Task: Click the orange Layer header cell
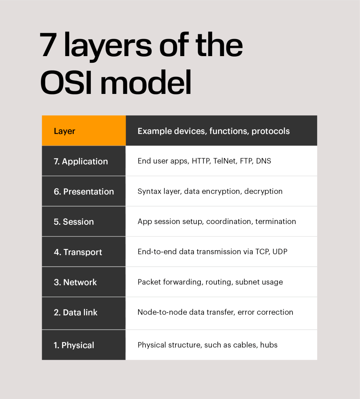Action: coord(84,131)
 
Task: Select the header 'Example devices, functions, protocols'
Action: coord(213,131)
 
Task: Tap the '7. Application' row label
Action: coord(81,161)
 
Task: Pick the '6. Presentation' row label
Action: coord(84,191)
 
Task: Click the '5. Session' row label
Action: coord(74,222)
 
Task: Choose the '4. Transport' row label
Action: coord(78,252)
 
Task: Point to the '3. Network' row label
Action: coord(75,282)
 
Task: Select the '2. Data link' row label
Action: coord(76,312)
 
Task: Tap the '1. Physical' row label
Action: coord(74,345)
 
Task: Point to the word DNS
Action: coord(264,161)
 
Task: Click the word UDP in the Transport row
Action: coord(280,252)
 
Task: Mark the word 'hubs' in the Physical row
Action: coord(269,345)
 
